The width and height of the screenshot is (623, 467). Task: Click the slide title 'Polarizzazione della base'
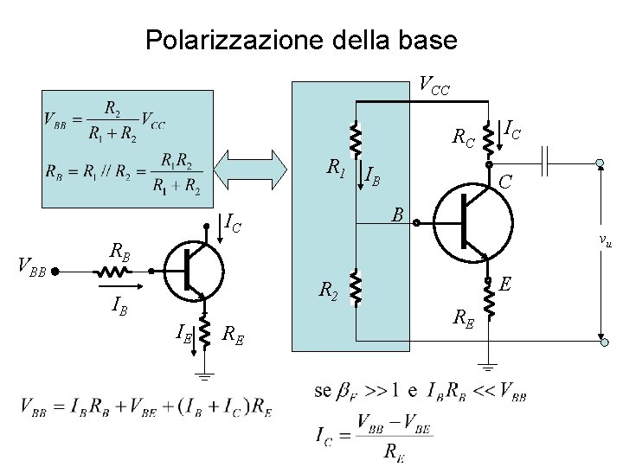coord(301,40)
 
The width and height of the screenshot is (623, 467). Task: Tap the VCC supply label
coord(433,85)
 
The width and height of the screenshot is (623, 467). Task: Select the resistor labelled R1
coord(355,137)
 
